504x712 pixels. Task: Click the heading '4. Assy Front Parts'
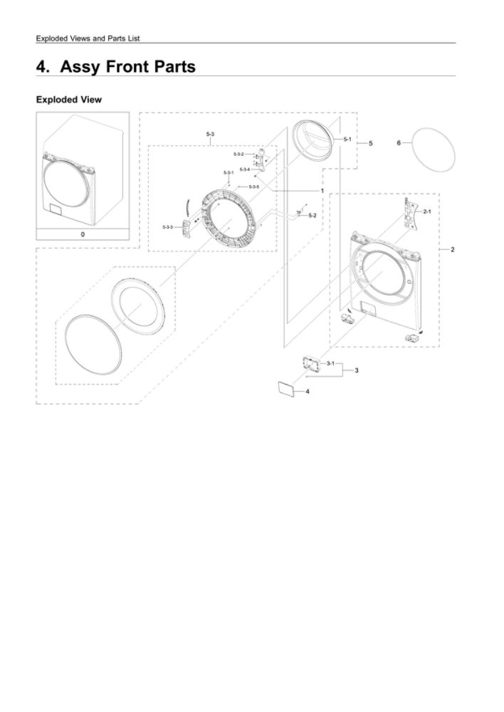point(116,67)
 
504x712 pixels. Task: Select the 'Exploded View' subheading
point(69,100)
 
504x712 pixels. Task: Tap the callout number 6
point(399,143)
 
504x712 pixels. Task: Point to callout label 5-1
point(347,139)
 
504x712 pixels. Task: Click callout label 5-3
point(210,134)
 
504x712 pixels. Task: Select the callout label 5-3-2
point(239,155)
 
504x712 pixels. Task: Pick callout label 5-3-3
point(167,226)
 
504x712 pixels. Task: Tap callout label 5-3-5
point(254,187)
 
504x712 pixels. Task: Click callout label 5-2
point(313,215)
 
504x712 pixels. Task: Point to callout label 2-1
point(427,211)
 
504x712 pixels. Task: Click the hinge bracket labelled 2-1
point(411,213)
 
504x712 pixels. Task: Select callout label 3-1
point(330,363)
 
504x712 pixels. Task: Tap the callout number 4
point(308,392)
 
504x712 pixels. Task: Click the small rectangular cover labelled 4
point(286,389)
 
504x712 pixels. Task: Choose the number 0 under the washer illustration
point(83,234)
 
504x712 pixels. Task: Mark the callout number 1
point(322,191)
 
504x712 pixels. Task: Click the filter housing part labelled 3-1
point(312,364)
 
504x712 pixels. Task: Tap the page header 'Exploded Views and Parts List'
point(88,38)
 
